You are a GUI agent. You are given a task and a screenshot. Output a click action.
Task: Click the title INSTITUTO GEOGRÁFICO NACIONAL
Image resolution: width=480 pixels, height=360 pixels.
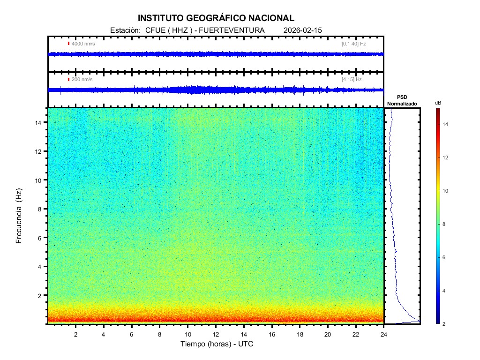[x=216, y=18]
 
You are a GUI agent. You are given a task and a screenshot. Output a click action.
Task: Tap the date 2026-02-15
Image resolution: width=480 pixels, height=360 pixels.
[x=303, y=30]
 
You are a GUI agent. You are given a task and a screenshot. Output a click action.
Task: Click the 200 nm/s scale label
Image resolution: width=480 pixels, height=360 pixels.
[x=82, y=79]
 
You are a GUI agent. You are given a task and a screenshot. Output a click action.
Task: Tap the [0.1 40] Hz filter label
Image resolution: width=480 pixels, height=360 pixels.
[x=353, y=44]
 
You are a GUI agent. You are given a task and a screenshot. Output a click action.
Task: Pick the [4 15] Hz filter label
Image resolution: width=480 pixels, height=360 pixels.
[x=352, y=79]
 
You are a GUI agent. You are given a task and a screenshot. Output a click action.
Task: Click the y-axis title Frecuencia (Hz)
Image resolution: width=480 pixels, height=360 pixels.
[x=19, y=216]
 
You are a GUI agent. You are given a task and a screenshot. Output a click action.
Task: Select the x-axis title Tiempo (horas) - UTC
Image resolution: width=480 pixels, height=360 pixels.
[x=217, y=344]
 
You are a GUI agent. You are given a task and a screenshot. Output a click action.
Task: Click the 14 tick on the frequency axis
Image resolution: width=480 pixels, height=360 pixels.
[x=40, y=122]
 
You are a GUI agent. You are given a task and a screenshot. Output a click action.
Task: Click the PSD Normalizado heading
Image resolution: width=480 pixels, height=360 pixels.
[x=402, y=100]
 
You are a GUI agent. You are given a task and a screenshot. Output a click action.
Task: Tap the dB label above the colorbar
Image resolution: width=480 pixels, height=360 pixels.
[x=438, y=102]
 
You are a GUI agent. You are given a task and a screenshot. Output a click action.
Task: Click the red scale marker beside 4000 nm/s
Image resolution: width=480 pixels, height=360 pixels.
[x=69, y=44]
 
